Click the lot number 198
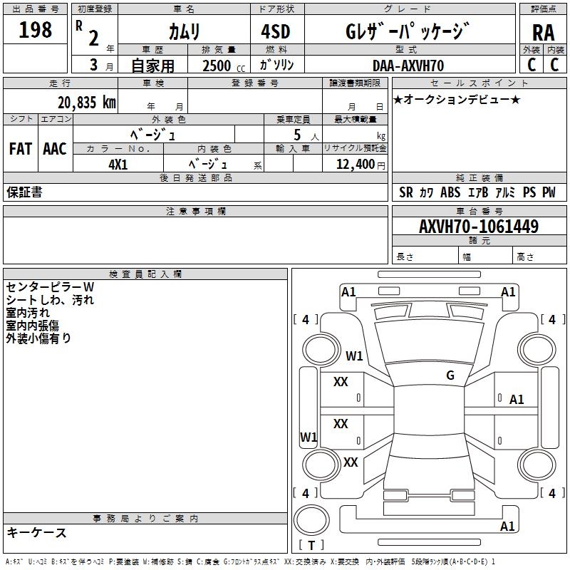(35, 30)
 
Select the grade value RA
(543, 33)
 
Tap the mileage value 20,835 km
(86, 103)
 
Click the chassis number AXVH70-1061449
(479, 227)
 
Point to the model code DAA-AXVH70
(408, 66)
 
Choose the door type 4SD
(276, 31)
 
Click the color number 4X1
(118, 165)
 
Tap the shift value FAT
(21, 149)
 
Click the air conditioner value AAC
(55, 149)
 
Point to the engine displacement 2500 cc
(224, 66)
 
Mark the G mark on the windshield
(450, 375)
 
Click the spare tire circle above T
(311, 520)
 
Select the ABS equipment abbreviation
(450, 192)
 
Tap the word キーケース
(36, 533)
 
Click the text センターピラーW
(50, 287)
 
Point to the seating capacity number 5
(297, 135)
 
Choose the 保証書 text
(24, 192)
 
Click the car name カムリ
(185, 32)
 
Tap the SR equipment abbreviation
(406, 192)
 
